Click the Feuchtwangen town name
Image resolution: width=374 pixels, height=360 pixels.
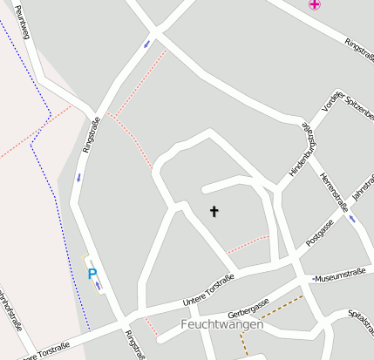click(x=221, y=324)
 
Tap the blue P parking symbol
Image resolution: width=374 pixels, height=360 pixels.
click(x=92, y=274)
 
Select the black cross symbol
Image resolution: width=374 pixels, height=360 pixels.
click(x=214, y=211)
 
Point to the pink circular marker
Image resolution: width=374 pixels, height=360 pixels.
click(x=314, y=4)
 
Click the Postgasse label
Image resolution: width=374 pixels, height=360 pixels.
click(x=320, y=232)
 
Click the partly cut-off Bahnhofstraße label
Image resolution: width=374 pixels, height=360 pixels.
click(x=10, y=309)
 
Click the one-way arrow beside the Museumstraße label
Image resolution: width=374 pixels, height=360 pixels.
click(x=312, y=279)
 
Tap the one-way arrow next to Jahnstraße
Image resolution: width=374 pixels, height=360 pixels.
click(x=352, y=218)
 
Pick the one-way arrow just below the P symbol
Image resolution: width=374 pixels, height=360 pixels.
click(x=99, y=286)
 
